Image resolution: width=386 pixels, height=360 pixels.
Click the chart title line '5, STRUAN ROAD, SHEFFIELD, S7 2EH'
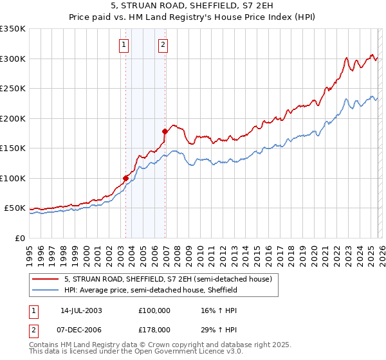193,6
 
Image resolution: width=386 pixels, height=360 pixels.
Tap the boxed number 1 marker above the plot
123,44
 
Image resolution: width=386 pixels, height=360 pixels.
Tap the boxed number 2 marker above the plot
163,44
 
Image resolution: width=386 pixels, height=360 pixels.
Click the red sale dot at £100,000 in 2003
126,178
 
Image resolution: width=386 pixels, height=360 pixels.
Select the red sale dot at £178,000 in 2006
165,131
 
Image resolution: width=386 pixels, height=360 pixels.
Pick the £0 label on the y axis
19,239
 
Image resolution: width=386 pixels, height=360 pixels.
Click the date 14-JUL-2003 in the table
81,310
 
